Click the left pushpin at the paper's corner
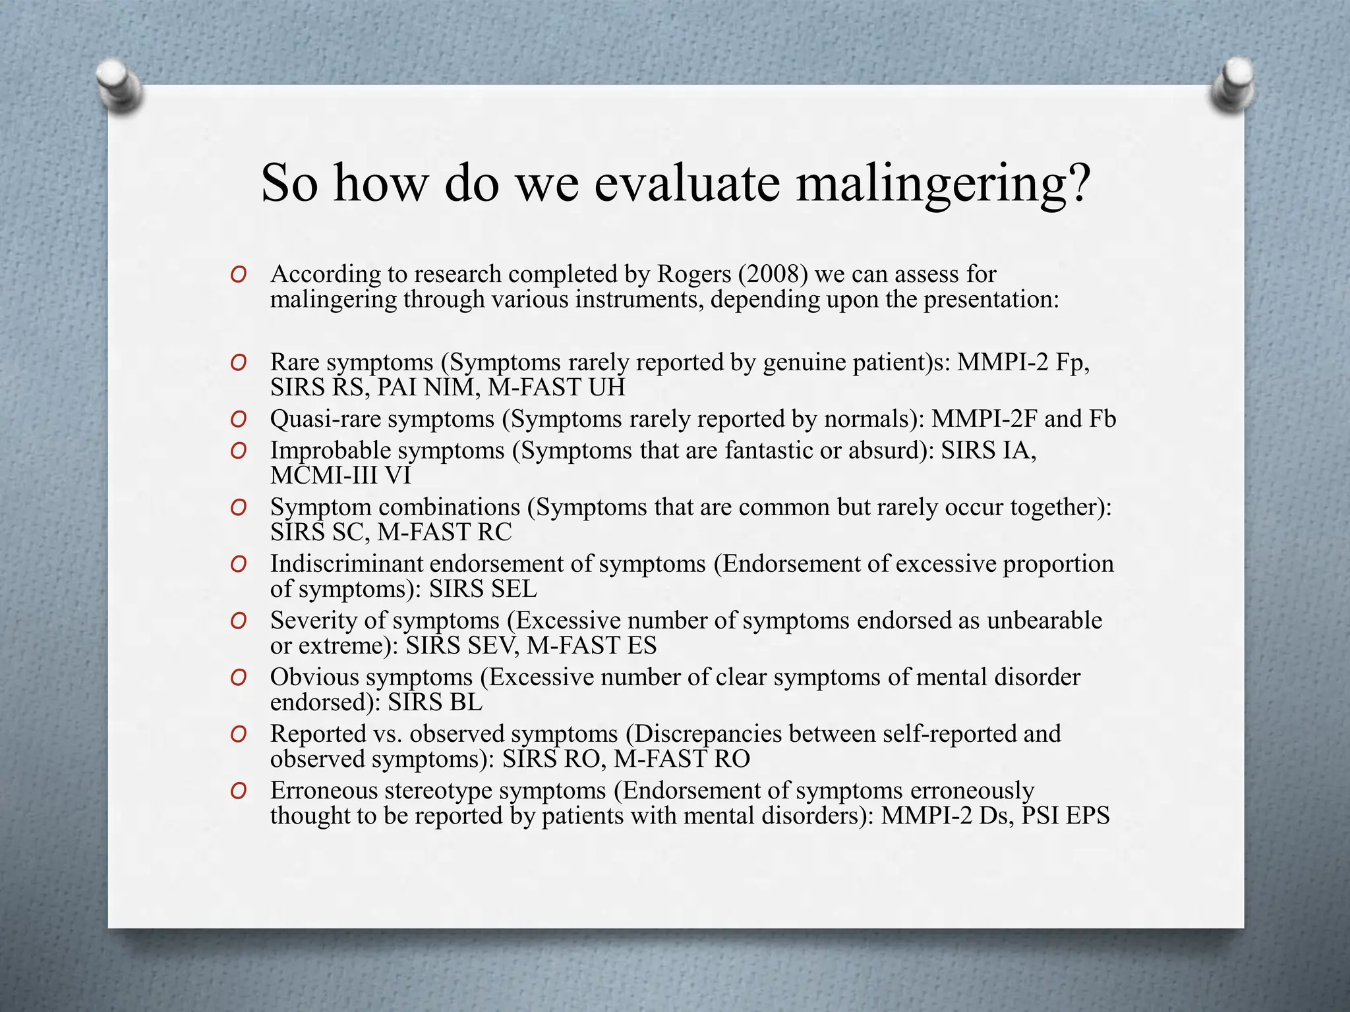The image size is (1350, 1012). (x=119, y=86)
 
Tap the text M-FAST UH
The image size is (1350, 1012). (x=556, y=387)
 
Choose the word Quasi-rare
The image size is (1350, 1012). (x=326, y=419)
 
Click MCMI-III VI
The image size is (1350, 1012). (x=340, y=476)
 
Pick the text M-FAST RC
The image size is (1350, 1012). (x=444, y=532)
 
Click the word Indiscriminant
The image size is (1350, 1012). (x=346, y=564)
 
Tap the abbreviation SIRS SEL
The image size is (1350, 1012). (x=483, y=589)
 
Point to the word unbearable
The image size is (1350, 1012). (x=1044, y=621)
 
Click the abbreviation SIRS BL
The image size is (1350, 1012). (x=435, y=702)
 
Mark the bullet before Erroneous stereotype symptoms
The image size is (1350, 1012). (x=239, y=791)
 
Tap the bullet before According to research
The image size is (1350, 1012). (x=239, y=274)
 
